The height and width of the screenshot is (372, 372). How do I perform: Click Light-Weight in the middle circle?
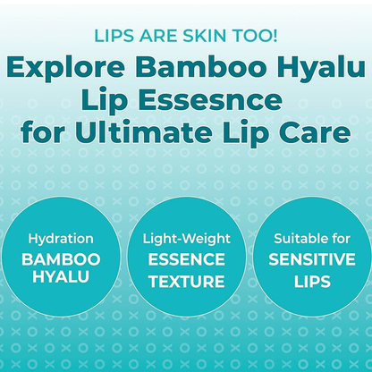click(x=185, y=239)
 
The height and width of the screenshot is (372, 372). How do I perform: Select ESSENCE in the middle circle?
click(x=185, y=259)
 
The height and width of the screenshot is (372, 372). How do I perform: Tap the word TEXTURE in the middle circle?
click(x=185, y=279)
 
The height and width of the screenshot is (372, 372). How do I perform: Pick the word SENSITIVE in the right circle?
click(x=310, y=259)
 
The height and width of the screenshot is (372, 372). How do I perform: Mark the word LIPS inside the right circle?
click(x=310, y=279)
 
